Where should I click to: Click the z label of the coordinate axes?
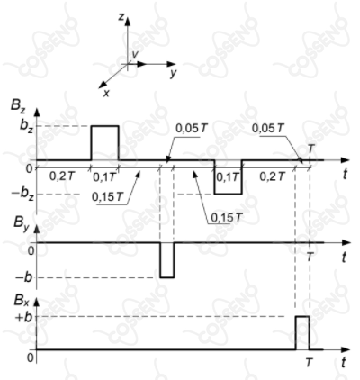pos(121,17)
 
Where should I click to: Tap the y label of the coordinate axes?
pos(173,74)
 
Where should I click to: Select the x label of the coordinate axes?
pos(106,94)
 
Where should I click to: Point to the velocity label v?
pos(135,54)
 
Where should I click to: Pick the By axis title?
pos(21,222)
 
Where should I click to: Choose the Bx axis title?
pos(22,301)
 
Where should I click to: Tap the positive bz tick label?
pos(27,125)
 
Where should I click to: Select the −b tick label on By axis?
pos(23,277)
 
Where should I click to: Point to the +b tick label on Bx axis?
pos(23,317)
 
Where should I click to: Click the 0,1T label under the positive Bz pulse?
pos(103,177)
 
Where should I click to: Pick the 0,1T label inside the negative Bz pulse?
pos(228,177)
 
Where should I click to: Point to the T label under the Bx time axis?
pos(309,363)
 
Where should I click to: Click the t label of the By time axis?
pos(345,257)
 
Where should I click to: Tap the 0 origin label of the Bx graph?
pos(31,357)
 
